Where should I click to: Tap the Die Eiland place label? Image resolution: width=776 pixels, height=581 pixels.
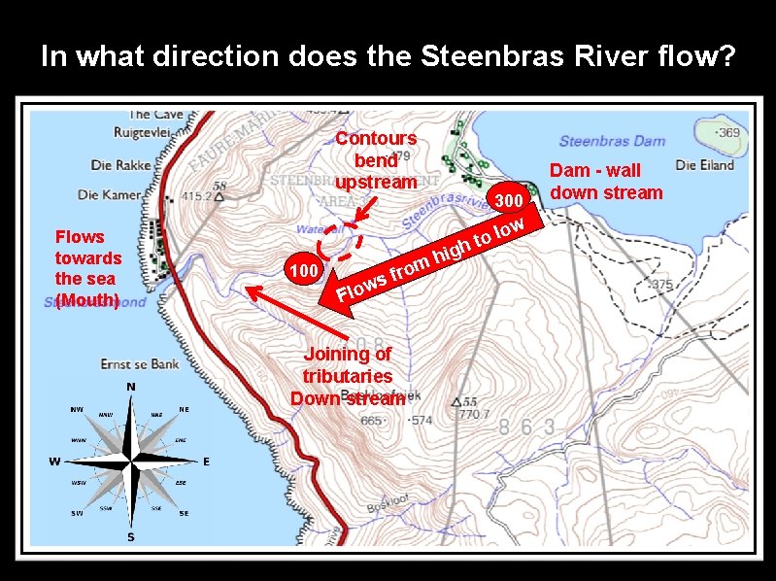pyautogui.click(x=704, y=164)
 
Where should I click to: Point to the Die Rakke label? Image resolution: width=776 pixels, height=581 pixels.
pyautogui.click(x=120, y=164)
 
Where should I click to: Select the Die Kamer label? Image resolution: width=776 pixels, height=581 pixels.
pyautogui.click(x=109, y=195)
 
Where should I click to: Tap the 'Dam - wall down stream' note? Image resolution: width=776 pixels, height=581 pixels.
pyautogui.click(x=607, y=182)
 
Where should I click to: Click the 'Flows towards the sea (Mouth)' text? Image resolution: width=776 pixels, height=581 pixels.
pyautogui.click(x=88, y=268)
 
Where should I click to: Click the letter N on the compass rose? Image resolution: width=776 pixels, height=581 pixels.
pyautogui.click(x=130, y=387)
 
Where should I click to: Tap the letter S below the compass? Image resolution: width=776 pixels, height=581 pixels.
pyautogui.click(x=130, y=537)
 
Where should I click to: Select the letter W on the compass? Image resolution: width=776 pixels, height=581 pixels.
pyautogui.click(x=57, y=460)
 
